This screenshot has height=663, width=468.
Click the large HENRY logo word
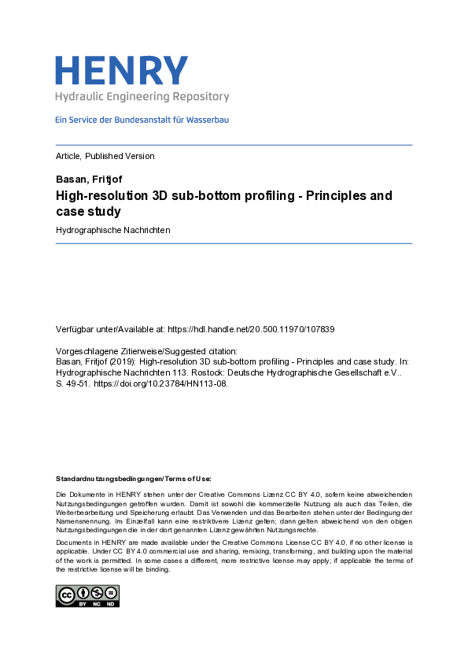pos(122,70)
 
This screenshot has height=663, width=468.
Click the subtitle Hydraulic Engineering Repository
pos(142,97)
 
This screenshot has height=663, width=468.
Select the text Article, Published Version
pos(105,156)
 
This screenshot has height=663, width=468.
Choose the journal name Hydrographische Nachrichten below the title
pos(113,230)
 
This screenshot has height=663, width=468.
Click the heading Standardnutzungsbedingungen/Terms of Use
pos(133,478)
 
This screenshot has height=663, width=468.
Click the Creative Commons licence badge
pos(87,596)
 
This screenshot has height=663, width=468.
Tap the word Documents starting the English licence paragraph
pos(72,543)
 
